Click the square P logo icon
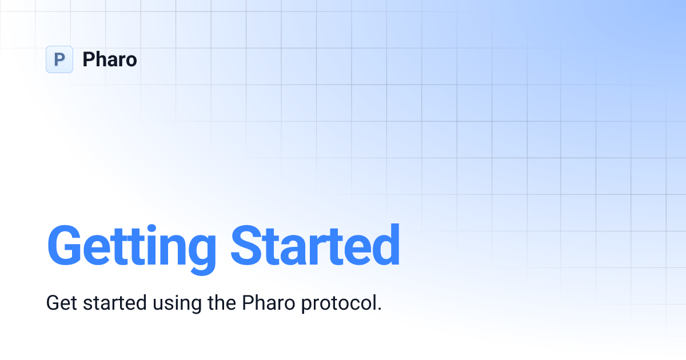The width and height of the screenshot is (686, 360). [x=59, y=59]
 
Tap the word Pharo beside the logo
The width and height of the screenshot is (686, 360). [x=110, y=59]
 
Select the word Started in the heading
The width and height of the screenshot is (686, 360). [x=315, y=246]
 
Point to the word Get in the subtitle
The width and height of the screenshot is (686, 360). [x=62, y=303]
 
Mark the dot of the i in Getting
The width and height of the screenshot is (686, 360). [x=151, y=227]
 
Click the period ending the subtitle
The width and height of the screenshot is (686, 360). [x=378, y=309]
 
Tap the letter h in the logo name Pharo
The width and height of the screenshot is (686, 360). [x=99, y=59]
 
